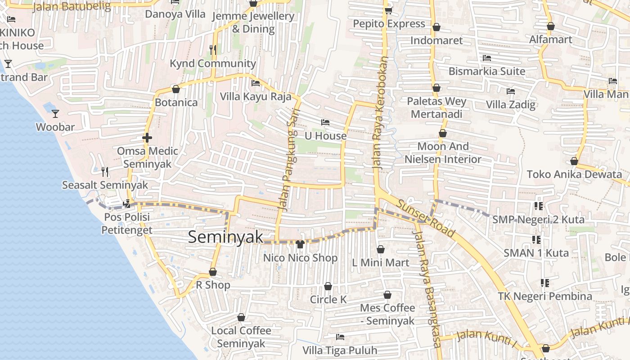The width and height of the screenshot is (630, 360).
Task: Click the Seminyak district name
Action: [225, 237]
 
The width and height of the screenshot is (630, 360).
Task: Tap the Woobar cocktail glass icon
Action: [55, 113]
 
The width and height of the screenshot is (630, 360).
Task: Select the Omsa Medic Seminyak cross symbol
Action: [147, 138]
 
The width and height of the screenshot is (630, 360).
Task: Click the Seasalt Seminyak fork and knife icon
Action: [105, 171]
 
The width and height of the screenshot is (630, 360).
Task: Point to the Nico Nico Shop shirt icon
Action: [300, 244]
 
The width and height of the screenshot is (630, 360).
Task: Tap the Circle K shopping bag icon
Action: [328, 286]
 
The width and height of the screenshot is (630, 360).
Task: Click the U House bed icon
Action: [325, 122]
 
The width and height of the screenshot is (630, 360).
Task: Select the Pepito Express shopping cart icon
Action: [388, 10]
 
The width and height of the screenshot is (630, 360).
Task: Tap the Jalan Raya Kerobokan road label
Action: [380, 112]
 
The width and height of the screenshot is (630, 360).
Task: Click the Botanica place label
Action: [176, 103]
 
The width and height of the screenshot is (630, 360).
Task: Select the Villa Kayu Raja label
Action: [256, 96]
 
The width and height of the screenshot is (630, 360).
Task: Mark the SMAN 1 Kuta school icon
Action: [536, 239]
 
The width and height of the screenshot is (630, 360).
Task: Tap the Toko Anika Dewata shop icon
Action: [574, 161]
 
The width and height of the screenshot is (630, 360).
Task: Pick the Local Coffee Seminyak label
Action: [241, 337]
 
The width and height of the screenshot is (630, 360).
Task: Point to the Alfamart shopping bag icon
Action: [550, 26]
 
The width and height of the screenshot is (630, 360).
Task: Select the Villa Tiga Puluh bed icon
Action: [340, 337]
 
